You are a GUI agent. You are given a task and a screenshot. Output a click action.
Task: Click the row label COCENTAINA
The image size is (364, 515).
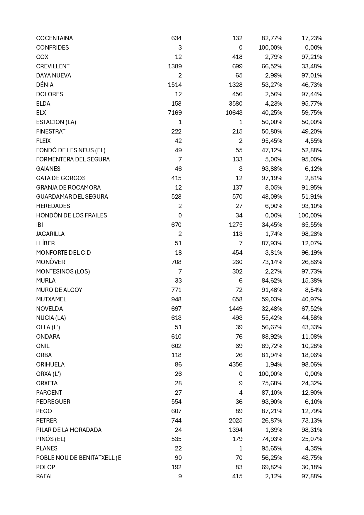(54, 38)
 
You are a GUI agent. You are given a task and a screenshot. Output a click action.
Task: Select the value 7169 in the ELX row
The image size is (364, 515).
(175, 113)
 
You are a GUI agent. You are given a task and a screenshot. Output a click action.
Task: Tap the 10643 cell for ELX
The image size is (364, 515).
(234, 113)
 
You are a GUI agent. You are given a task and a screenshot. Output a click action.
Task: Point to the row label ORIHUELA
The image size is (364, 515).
(50, 364)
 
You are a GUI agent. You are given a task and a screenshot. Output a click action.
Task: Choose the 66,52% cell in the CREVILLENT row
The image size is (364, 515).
(272, 66)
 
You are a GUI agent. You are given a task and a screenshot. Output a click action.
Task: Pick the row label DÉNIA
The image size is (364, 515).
(45, 85)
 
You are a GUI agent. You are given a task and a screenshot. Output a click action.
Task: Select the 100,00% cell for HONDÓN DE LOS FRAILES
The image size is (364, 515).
(310, 215)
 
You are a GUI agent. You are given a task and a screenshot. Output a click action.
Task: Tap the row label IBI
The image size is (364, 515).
(39, 225)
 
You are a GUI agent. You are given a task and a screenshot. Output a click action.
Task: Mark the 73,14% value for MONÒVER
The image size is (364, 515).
(272, 262)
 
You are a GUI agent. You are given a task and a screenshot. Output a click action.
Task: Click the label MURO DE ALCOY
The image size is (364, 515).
(59, 290)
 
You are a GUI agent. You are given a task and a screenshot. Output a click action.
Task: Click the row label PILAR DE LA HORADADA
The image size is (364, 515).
(69, 430)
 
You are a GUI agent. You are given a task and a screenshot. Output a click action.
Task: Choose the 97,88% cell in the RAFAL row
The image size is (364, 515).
(312, 476)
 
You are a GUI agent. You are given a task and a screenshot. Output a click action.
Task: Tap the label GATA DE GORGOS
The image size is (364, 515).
(61, 178)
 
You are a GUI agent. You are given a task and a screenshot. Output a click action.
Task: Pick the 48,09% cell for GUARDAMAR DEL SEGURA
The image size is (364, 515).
(272, 197)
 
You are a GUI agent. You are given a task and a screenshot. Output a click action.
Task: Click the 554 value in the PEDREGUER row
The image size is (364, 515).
(176, 402)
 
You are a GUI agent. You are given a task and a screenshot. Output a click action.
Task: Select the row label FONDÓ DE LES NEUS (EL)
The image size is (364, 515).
(71, 150)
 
